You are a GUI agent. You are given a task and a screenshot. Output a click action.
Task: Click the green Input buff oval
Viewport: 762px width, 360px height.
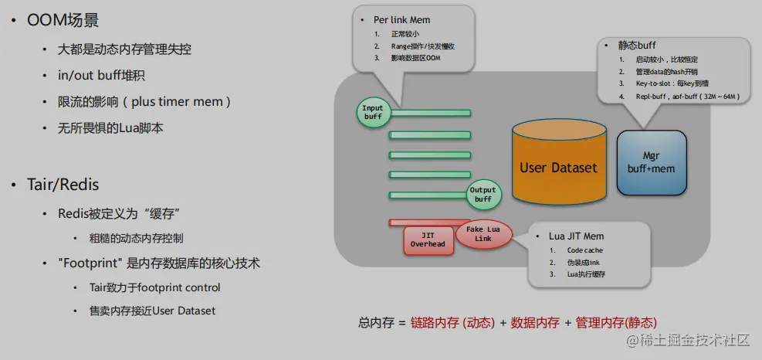(373, 112)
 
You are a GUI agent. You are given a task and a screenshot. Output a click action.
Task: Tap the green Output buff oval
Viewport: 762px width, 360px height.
(483, 195)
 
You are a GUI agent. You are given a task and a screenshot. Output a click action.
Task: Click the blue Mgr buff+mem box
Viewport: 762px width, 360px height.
(651, 162)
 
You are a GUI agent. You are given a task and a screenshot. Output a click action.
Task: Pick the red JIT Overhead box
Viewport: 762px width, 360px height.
(428, 240)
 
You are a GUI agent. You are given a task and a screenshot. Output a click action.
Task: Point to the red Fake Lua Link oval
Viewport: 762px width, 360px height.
(483, 234)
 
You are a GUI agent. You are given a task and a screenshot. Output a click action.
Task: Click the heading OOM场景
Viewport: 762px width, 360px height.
(63, 20)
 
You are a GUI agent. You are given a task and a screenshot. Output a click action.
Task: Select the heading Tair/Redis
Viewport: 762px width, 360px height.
(63, 185)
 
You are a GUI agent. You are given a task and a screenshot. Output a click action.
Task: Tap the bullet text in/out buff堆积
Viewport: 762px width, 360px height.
(101, 76)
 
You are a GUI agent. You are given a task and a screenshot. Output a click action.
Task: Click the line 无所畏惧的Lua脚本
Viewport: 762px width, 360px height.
(110, 128)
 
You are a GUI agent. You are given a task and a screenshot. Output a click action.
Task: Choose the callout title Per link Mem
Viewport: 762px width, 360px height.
(402, 20)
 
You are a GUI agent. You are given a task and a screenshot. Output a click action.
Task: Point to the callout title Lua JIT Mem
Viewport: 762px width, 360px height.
(577, 236)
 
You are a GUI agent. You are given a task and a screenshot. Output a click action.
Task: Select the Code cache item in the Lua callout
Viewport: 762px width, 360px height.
(584, 250)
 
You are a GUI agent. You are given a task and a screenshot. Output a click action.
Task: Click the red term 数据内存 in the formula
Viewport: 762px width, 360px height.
(535, 323)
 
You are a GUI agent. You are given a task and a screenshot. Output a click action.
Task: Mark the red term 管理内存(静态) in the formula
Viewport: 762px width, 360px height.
(616, 323)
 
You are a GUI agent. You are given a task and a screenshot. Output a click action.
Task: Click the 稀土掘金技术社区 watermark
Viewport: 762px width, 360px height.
(689, 341)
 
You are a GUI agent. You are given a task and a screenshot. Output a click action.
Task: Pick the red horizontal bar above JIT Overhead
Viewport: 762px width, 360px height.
(429, 222)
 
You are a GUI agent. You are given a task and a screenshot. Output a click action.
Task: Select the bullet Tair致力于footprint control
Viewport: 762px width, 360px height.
(154, 287)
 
